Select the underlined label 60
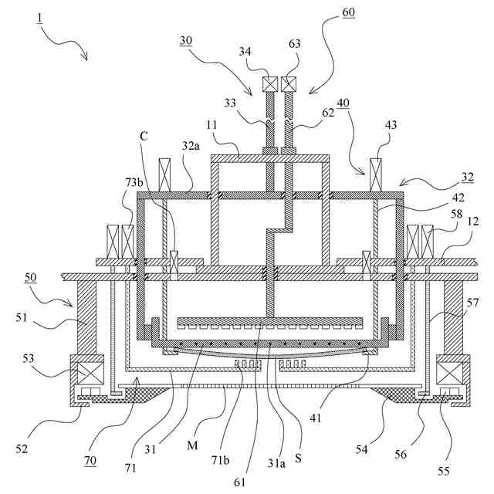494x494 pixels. [x=349, y=13]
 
